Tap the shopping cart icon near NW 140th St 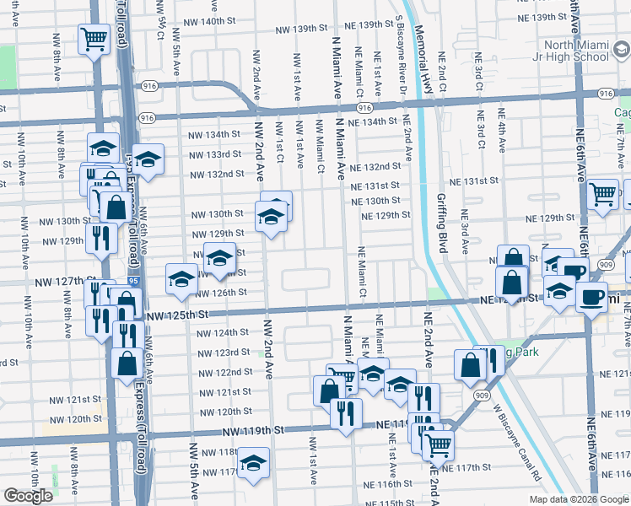pos(94,38)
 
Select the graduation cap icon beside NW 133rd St pos(148,159)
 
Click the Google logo pos(28,496)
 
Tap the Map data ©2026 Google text pos(579,499)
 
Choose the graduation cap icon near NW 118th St pos(252,464)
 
